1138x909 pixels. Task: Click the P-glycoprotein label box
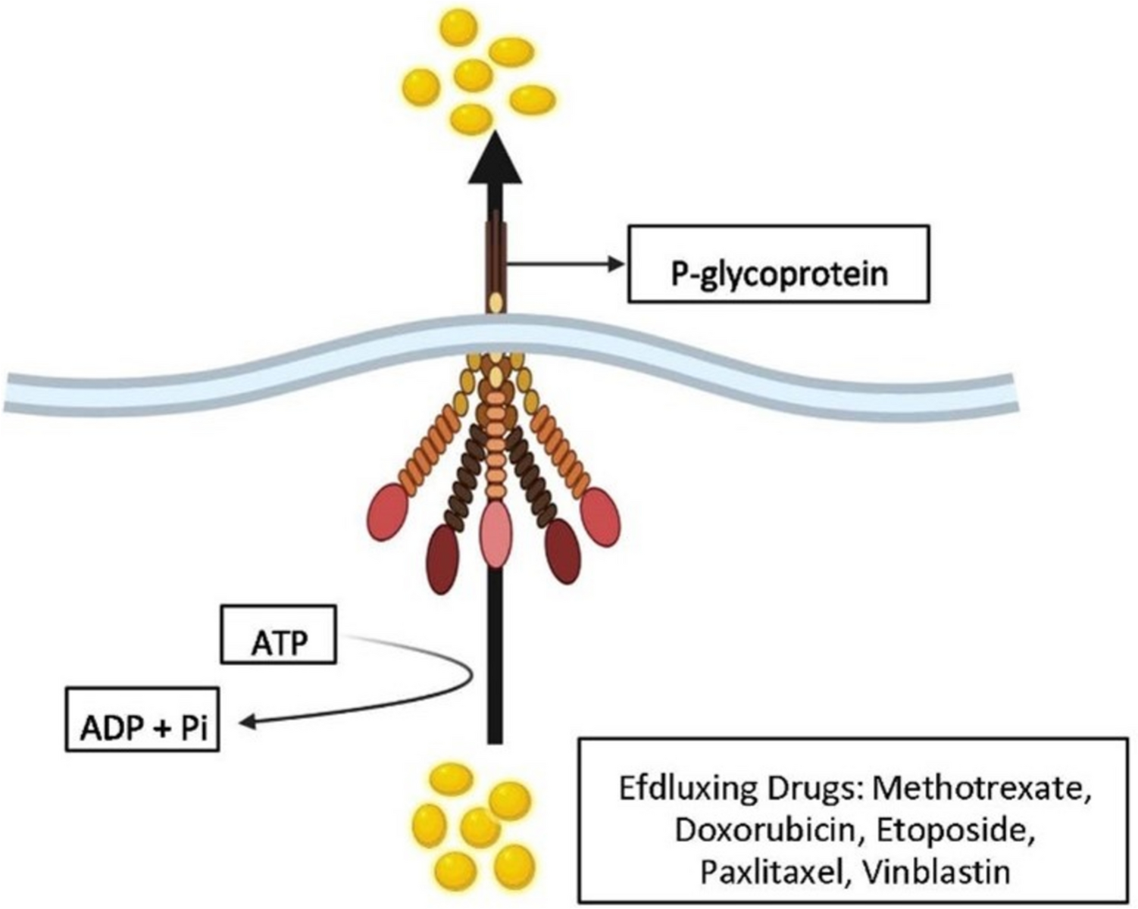point(778,264)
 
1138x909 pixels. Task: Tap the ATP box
point(279,634)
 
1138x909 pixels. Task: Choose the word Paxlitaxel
point(766,872)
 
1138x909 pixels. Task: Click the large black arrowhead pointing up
point(495,159)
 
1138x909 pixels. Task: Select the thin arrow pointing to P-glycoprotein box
point(564,264)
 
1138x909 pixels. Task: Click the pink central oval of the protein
point(496,534)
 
